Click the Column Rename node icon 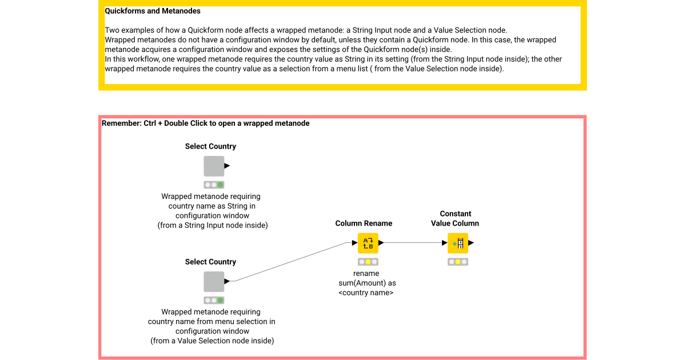click(368, 243)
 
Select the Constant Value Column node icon click(458, 243)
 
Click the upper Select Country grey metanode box click(214, 166)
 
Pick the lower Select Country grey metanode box click(214, 281)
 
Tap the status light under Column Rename click(368, 262)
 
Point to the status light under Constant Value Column click(458, 262)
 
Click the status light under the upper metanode click(214, 185)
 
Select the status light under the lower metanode click(214, 300)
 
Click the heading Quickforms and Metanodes click(153, 11)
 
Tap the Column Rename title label click(364, 223)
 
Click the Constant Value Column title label click(455, 218)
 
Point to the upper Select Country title click(210, 146)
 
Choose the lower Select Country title click(210, 262)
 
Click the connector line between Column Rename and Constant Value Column click(414, 243)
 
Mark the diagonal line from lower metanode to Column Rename click(292, 262)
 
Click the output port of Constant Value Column click(471, 243)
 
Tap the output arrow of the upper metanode click(227, 166)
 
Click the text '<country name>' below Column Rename click(366, 293)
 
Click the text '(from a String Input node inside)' click(213, 225)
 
